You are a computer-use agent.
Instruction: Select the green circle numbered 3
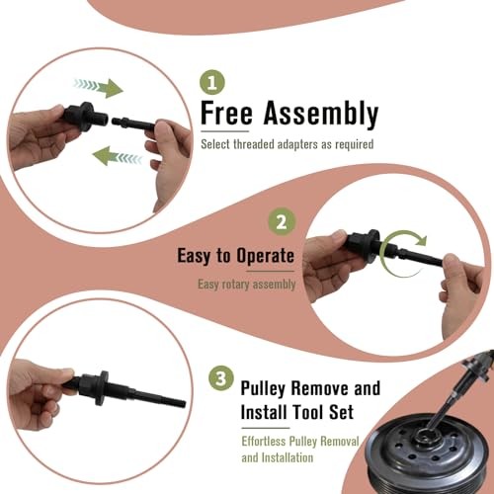pyautogui.click(x=220, y=378)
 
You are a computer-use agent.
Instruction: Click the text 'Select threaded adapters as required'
pyautogui.click(x=288, y=145)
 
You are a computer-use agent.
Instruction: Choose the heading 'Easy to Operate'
pyautogui.click(x=235, y=256)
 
